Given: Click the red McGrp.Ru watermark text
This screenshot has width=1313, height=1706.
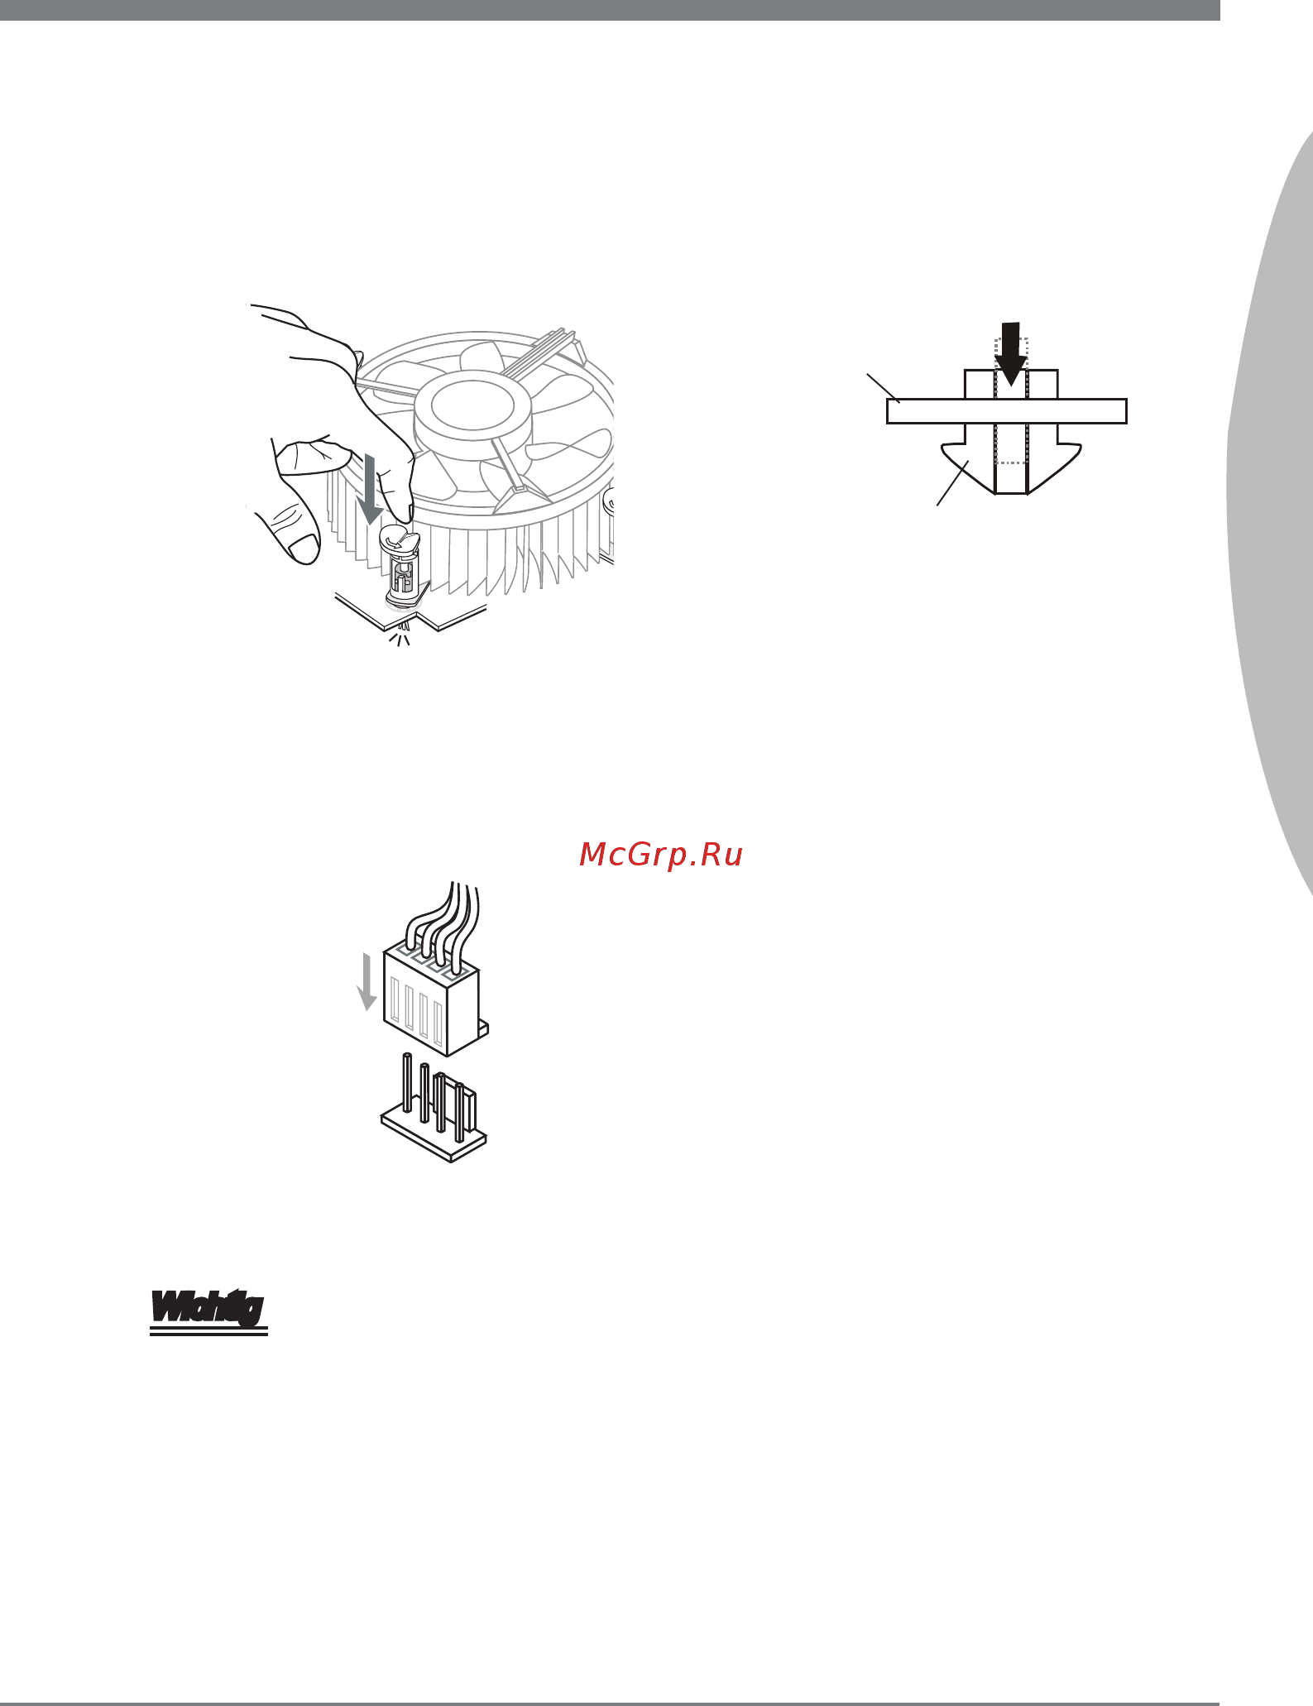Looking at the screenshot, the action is tap(661, 855).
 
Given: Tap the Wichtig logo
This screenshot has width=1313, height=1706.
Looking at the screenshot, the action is tap(208, 1308).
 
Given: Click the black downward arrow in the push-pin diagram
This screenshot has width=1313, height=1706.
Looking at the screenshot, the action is tap(1010, 353).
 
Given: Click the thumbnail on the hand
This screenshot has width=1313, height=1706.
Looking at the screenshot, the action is tap(303, 547).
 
